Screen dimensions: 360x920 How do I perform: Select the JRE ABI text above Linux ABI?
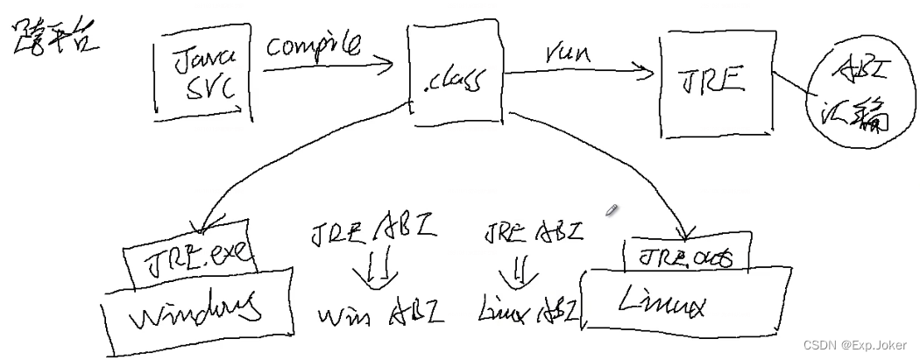[532, 232]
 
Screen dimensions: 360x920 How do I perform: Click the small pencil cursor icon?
[612, 209]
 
